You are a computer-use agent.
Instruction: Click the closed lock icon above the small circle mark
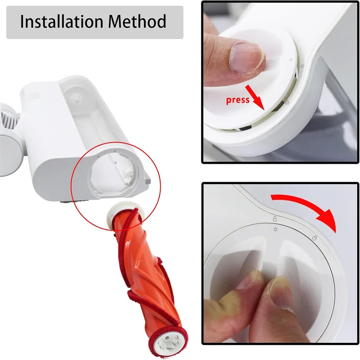click(274, 219)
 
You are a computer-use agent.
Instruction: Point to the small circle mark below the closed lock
click(275, 229)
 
